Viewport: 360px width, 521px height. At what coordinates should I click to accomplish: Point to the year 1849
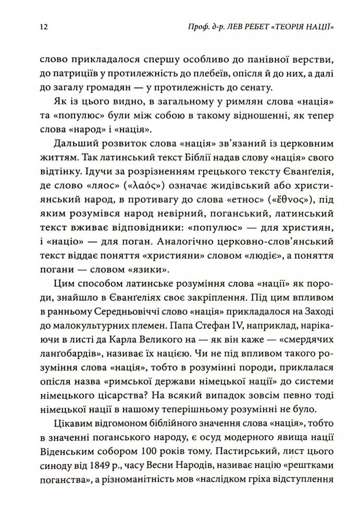93,462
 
